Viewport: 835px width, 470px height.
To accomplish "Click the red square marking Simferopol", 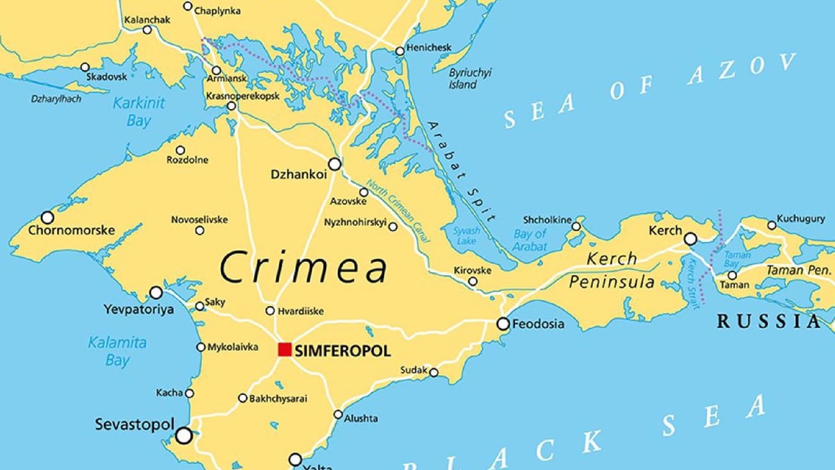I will coord(285,349).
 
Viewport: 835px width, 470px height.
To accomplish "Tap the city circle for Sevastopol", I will coord(184,436).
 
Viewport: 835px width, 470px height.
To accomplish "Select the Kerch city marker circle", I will coord(690,239).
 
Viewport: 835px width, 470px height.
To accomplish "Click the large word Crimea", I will coord(304,268).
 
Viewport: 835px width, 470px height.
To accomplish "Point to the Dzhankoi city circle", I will coord(334,164).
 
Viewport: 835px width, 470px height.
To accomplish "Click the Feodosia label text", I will coord(539,324).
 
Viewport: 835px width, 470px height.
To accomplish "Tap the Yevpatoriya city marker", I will coord(156,293).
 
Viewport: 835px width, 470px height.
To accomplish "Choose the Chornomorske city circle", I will coord(47,218).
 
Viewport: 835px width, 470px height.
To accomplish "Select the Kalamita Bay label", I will coord(117,351).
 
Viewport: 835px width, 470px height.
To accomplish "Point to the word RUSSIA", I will coord(768,321).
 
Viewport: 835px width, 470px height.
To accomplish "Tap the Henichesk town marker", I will coord(400,51).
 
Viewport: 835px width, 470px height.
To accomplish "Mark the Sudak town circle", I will coord(434,372).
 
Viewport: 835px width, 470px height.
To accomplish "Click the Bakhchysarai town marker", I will coord(243,398).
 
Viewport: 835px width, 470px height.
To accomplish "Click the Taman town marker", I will coord(732,275).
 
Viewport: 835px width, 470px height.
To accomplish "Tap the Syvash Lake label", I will coord(466,236).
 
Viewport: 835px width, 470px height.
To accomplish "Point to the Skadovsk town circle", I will coord(85,67).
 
